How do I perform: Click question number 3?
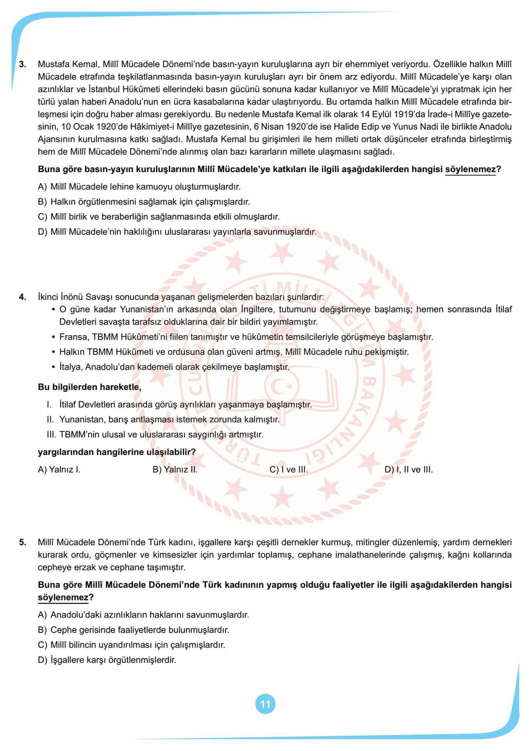tap(23, 64)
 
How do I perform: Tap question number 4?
tap(23, 297)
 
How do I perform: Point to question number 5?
tap(23, 542)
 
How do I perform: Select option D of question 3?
tap(177, 232)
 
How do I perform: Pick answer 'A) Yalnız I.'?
tap(59, 470)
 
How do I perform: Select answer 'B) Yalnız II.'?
tap(175, 470)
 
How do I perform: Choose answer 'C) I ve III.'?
tap(289, 470)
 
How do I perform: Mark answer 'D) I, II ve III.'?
tap(409, 470)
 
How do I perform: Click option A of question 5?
tap(143, 614)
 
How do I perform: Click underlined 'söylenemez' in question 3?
tap(470, 170)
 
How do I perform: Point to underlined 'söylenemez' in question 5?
tap(63, 598)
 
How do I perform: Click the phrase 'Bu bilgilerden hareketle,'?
tap(90, 387)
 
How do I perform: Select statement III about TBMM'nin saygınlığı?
tap(155, 435)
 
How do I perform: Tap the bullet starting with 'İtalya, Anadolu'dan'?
tap(174, 367)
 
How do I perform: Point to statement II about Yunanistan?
tap(163, 420)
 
